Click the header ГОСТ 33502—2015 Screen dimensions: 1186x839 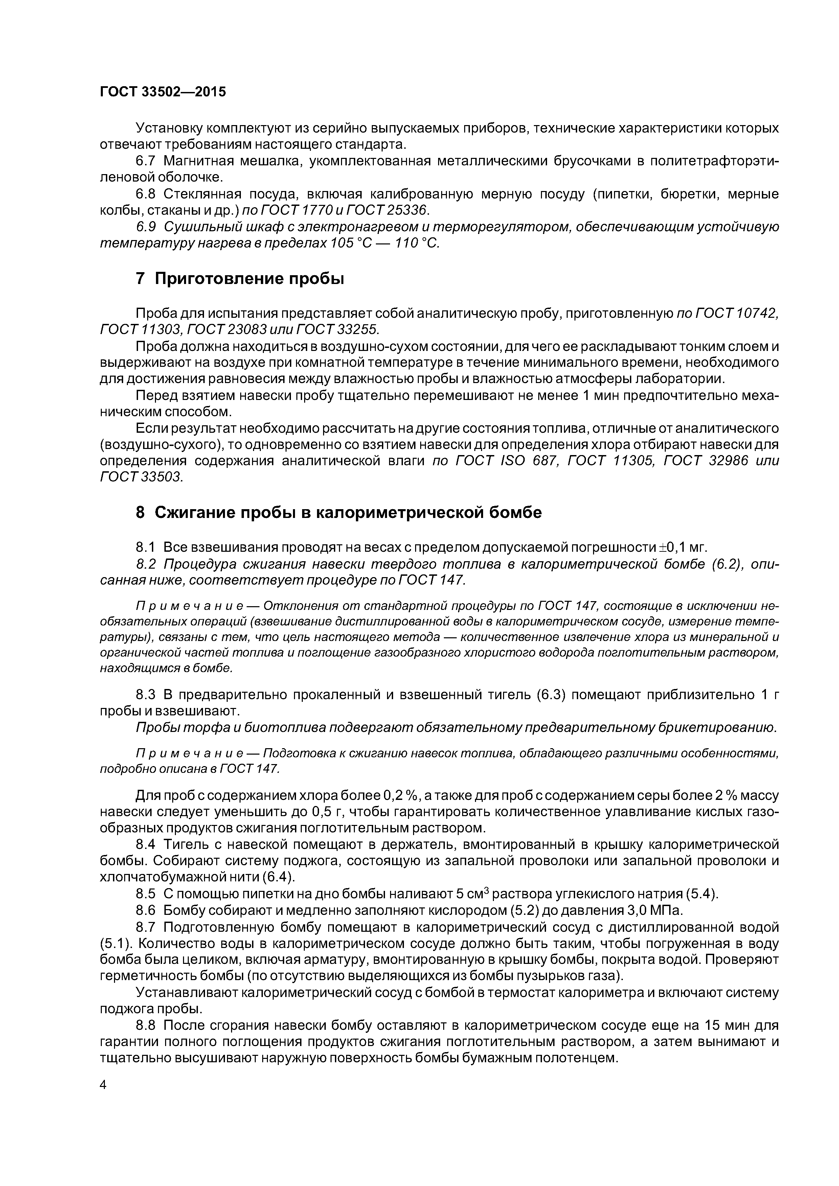[163, 92]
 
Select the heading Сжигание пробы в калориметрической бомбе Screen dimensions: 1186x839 [339, 513]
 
